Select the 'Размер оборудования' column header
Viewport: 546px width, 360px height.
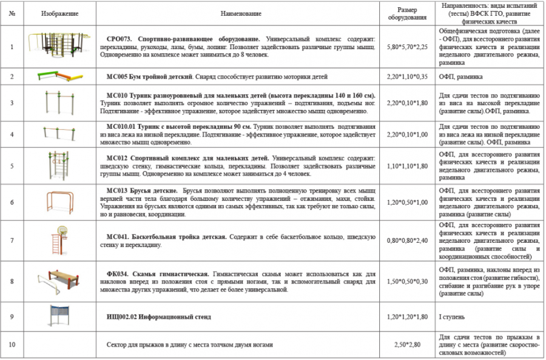pyautogui.click(x=407, y=13)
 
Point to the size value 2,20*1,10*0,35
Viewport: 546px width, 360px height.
pyautogui.click(x=407, y=77)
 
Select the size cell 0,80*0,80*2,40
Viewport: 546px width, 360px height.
pyautogui.click(x=407, y=241)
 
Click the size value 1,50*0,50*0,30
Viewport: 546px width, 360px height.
pyautogui.click(x=407, y=282)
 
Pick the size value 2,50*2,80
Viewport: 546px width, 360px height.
pyautogui.click(x=407, y=345)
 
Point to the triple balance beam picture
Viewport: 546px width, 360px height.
pyautogui.click(x=59, y=76)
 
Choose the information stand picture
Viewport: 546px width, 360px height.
pyautogui.click(x=59, y=316)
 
